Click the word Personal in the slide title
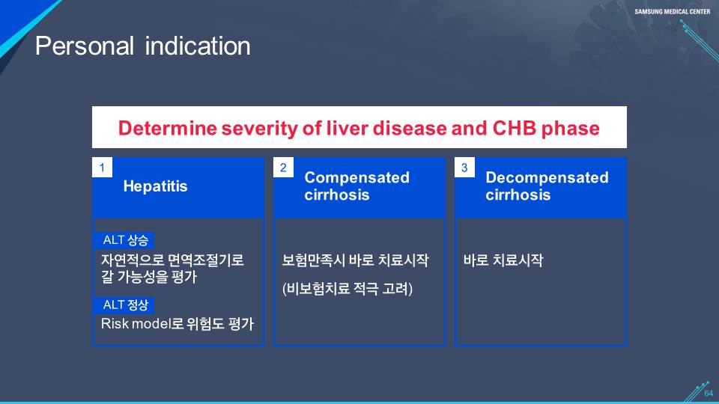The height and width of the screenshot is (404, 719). (85, 46)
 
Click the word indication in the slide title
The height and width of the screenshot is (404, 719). (198, 46)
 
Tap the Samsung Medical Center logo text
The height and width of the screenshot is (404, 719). (673, 11)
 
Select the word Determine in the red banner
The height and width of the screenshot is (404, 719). (167, 128)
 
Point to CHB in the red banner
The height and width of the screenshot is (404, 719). (514, 128)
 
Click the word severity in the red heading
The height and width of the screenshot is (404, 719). (260, 129)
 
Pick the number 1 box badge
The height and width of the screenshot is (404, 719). (103, 168)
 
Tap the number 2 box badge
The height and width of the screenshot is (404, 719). (283, 168)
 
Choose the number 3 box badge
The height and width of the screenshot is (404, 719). (464, 168)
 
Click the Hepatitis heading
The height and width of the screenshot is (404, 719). (156, 186)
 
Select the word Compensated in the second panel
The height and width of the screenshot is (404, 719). (357, 178)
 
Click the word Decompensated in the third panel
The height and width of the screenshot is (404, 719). (547, 178)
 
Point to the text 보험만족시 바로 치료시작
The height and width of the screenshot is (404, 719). (355, 260)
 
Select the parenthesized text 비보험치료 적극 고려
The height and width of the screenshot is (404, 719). (347, 289)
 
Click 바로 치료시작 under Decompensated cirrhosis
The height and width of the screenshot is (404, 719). (503, 260)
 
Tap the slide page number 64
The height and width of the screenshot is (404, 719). (709, 394)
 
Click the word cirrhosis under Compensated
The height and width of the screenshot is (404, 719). (337, 195)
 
